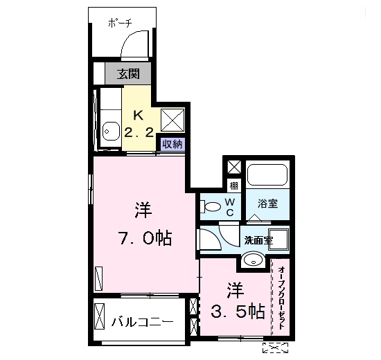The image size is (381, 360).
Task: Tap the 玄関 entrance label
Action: pos(127,73)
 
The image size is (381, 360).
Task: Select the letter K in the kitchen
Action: pos(138,115)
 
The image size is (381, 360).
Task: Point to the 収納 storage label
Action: pos(172,144)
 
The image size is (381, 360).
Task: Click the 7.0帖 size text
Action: pos(143,239)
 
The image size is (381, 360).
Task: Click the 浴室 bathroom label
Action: pos(267,204)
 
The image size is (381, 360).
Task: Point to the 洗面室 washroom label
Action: pos(258,241)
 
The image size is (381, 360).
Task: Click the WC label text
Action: pos(230,206)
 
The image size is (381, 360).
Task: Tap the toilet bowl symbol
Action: pos(209,205)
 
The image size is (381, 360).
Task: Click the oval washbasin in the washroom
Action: pos(253,260)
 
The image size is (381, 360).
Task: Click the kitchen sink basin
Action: pos(109,129)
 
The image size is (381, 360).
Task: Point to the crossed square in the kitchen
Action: pos(172,120)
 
